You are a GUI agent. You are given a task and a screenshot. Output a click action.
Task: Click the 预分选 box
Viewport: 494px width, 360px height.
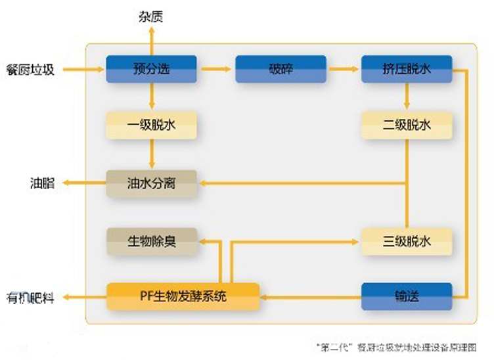point(151,68)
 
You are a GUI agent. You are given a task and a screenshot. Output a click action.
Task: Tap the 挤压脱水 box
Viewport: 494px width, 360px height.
point(406,68)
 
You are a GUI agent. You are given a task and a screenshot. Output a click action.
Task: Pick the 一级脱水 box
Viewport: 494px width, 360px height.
point(151,125)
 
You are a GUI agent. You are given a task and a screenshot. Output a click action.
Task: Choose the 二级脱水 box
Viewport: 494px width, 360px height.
point(406,125)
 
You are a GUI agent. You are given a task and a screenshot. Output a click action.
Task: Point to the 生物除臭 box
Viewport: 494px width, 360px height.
point(151,240)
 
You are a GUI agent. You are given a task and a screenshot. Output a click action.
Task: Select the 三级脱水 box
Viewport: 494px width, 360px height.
point(406,240)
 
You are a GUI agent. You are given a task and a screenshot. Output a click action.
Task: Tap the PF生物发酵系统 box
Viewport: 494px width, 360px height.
point(183,296)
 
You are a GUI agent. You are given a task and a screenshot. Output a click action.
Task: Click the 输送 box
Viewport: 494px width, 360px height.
point(406,296)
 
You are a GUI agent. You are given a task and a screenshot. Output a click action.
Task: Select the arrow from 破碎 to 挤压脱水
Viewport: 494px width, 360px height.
point(344,68)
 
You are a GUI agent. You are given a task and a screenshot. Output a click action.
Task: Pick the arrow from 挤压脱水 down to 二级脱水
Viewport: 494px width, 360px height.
point(406,97)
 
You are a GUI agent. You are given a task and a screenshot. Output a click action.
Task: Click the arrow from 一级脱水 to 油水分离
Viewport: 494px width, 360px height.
point(151,154)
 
